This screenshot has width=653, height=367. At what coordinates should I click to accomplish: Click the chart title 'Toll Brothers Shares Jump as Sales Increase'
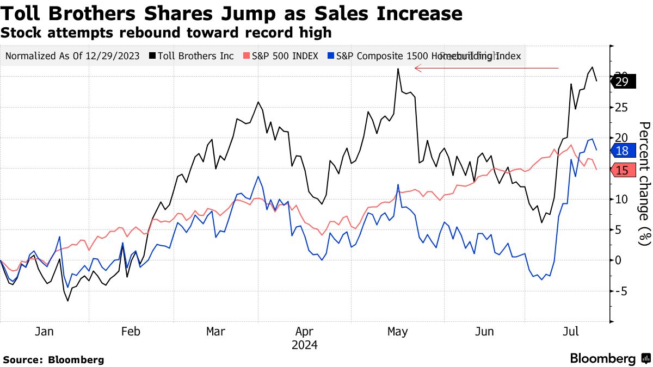[x=231, y=13]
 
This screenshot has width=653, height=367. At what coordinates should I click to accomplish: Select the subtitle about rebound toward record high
[x=166, y=33]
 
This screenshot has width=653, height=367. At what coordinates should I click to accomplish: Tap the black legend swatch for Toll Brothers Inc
[x=155, y=56]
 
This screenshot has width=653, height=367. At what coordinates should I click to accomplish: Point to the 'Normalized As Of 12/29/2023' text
[x=72, y=56]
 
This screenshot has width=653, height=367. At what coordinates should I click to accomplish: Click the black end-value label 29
[x=621, y=82]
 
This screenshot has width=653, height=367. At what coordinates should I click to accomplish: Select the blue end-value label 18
[x=621, y=151]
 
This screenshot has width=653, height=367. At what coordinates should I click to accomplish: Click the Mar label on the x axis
[x=215, y=332]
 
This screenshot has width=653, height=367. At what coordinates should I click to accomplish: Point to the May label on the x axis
[x=397, y=332]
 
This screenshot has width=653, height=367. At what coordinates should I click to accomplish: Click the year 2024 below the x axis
[x=305, y=345]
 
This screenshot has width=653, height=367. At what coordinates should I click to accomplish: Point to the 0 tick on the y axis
[x=618, y=260]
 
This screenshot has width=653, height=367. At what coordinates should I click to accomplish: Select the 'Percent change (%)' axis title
[x=643, y=184]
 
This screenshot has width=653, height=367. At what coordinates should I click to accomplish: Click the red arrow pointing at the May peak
[x=486, y=69]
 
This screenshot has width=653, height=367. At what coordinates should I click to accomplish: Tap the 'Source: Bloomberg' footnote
[x=53, y=359]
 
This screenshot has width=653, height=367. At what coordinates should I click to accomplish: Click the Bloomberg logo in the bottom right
[x=609, y=358]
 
